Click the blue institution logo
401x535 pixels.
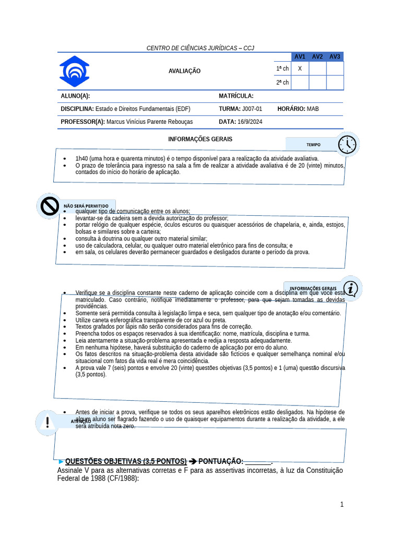coord(74,71)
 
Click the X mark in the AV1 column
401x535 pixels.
coord(300,68)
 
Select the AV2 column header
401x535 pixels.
coord(317,56)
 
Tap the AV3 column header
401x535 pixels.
coord(335,56)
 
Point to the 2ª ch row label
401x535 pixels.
coord(282,83)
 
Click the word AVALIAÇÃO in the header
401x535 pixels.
coord(184,71)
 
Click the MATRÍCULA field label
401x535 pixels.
coord(236,96)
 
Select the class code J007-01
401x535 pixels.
coord(253,109)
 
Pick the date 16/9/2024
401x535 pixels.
coord(250,122)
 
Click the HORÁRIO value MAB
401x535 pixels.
coord(313,109)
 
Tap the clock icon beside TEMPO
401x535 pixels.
coord(347,144)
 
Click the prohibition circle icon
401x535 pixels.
coord(50,206)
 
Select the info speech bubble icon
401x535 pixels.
coord(351,288)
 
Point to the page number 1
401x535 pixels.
coord(342,504)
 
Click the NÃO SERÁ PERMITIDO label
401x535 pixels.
coord(86,206)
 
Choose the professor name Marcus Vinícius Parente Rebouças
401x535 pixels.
coord(149,122)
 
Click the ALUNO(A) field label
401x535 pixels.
coord(75,96)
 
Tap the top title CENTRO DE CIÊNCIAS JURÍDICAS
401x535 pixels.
coord(200,48)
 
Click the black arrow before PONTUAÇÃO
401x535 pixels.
coord(193,461)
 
